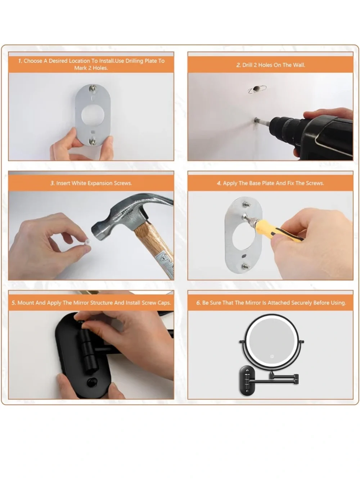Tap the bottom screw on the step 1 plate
93,142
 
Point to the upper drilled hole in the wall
256,89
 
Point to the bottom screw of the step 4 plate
245,266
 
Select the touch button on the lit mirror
272,356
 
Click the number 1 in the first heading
20,61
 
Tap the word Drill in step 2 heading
247,65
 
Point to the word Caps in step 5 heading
165,303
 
